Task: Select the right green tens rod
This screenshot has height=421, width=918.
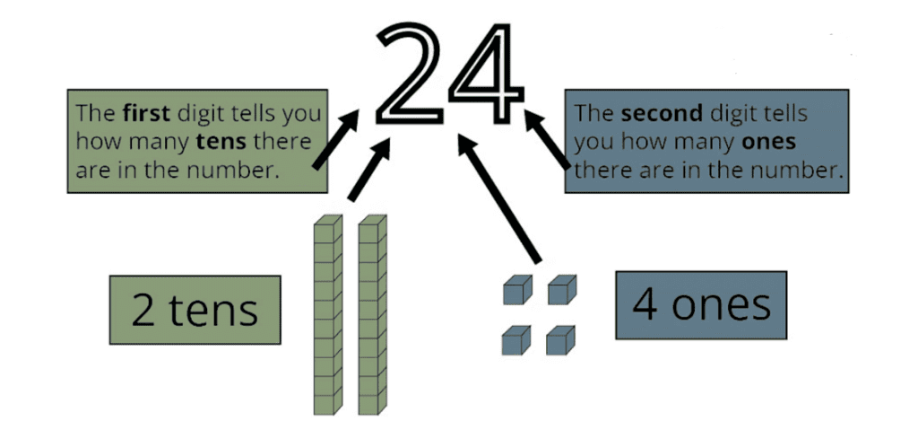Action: [x=372, y=314]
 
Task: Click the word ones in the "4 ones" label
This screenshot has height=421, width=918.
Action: [x=721, y=305]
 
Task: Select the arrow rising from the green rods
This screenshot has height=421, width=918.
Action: [x=368, y=171]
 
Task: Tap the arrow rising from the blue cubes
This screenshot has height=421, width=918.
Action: [x=502, y=197]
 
